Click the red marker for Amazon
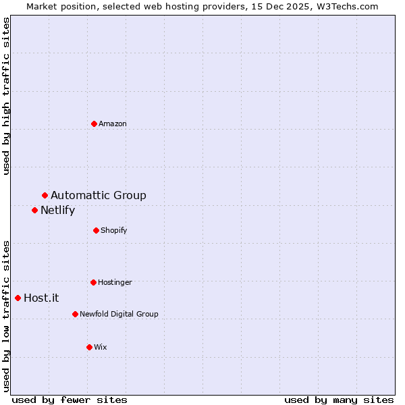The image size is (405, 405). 94,124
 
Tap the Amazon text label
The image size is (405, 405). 112,124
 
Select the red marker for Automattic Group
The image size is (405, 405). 45,195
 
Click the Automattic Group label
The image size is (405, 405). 98,196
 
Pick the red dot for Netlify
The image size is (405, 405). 34,210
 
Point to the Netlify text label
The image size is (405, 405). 57,211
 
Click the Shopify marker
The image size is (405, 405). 96,230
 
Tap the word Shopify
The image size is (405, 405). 113,231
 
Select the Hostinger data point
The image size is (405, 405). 93,282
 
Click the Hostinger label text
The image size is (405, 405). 115,283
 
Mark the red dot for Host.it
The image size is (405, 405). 18,298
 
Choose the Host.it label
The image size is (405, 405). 41,298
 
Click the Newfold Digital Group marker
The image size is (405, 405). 75,314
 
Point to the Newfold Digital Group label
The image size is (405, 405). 119,315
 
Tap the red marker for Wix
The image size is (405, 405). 89,347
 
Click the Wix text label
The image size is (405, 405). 100,348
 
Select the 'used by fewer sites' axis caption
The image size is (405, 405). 70,400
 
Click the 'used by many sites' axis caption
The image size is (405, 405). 338,400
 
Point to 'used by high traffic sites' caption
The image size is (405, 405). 6,96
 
